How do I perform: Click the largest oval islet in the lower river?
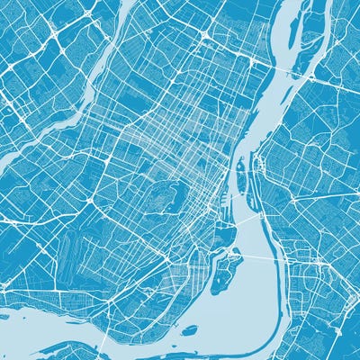(190, 330)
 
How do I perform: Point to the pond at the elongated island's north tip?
(241, 166)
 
